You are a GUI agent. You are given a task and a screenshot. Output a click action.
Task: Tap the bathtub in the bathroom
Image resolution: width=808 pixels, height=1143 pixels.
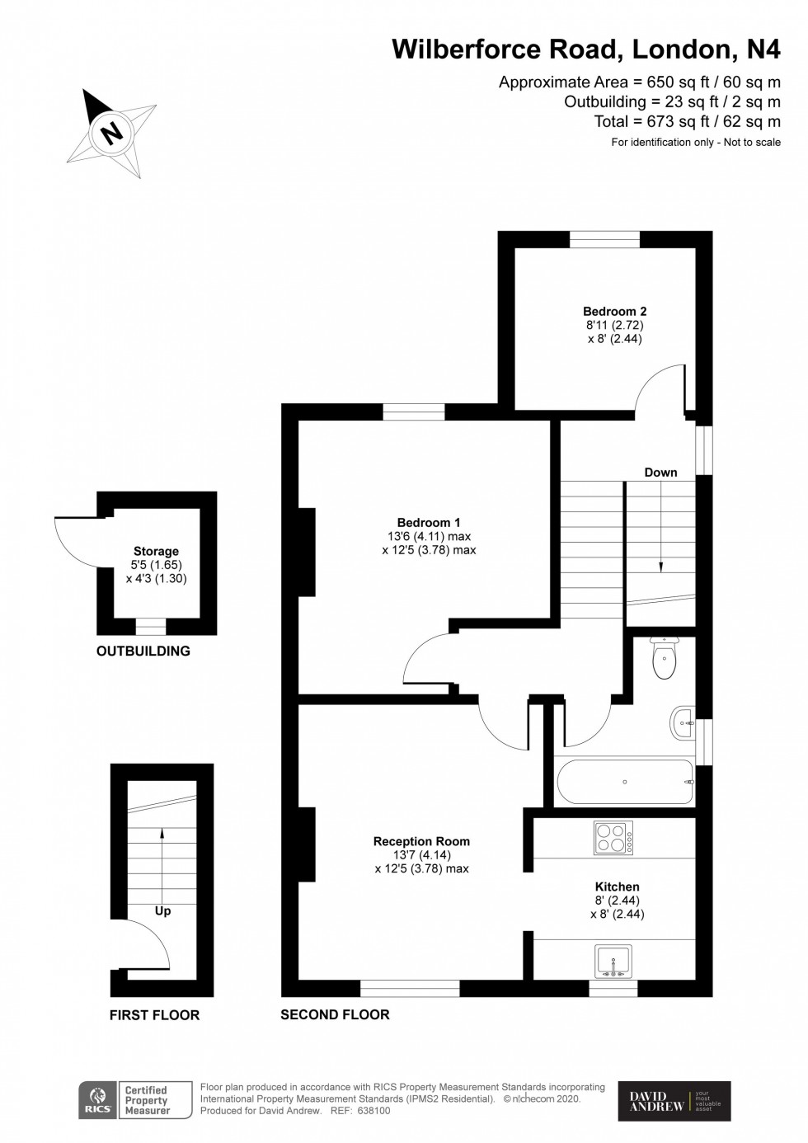pos(625,782)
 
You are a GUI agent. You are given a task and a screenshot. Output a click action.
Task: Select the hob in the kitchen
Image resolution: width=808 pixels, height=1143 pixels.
pos(613,839)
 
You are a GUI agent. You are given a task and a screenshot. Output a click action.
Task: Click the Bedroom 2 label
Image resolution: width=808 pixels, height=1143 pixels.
pos(614,311)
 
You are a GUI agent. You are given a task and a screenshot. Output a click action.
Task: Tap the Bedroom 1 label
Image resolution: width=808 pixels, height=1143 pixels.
pos(429,522)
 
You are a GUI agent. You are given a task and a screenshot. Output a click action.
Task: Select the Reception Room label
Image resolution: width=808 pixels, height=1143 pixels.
pos(421,841)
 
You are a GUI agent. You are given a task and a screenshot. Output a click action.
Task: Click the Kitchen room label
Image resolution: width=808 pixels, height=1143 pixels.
pos(617,887)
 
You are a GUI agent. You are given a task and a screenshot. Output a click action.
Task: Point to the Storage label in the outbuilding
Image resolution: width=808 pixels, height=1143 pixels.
pos(156,551)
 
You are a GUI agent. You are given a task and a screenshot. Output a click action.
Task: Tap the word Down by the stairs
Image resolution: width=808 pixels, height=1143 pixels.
pos(660,473)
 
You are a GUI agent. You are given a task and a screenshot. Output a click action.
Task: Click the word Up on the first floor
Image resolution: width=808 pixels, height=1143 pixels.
pos(162,910)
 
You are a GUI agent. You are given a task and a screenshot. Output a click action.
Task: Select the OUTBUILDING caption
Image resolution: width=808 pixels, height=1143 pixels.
pos(143,651)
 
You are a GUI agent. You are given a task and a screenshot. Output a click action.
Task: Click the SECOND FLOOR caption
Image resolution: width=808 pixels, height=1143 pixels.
pos(335,1014)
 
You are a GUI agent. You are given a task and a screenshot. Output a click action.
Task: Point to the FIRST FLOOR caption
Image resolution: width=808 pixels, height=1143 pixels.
pos(154,1015)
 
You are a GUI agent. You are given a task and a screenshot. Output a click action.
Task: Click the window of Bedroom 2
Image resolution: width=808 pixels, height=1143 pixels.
pos(604,239)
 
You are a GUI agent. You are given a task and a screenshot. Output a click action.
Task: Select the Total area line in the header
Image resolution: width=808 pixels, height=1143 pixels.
pos(687,121)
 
